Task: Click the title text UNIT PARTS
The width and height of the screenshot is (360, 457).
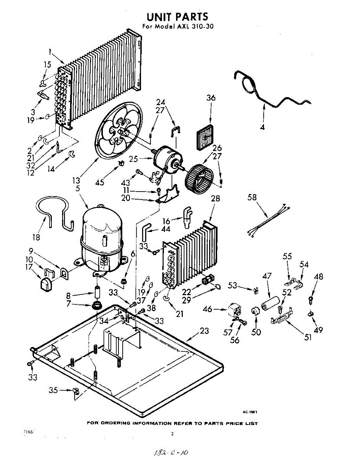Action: coord(178,16)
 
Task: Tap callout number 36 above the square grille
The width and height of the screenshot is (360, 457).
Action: coord(211,98)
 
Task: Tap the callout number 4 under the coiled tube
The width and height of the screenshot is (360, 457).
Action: coord(262,127)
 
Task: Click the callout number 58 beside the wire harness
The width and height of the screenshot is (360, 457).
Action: coord(252,198)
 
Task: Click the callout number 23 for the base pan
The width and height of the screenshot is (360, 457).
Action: coord(205,331)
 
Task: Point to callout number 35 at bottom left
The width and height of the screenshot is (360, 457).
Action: coord(54,390)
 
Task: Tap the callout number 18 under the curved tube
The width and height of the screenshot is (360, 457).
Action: coord(36,237)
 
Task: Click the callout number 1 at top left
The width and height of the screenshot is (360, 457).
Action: coord(50,51)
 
